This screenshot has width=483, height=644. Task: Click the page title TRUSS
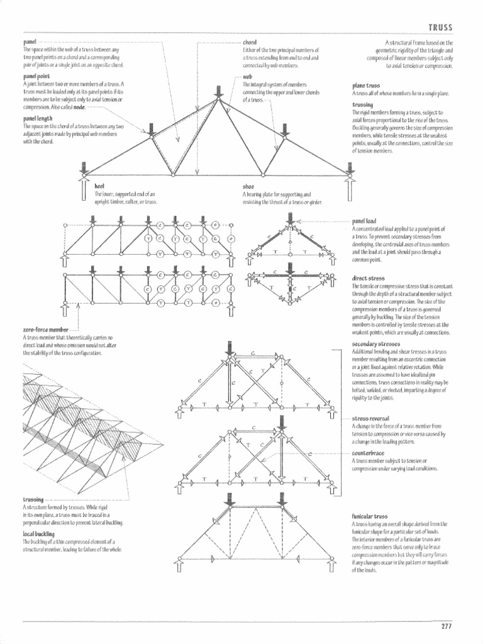tap(440, 28)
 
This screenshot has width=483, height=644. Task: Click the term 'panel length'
tap(38, 118)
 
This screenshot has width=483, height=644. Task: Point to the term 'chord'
tap(250, 42)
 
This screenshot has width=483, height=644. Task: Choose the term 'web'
tap(247, 77)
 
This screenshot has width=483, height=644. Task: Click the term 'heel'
tap(99, 187)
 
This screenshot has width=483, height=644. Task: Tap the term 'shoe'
tap(248, 187)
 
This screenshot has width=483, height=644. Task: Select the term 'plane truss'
tap(366, 86)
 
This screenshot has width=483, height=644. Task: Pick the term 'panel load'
tap(365, 222)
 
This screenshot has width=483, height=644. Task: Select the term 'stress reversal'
tap(370, 418)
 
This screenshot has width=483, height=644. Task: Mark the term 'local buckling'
tap(39, 533)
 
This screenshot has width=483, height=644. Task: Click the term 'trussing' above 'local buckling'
tap(34, 499)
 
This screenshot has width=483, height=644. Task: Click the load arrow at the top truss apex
tap(218, 91)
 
